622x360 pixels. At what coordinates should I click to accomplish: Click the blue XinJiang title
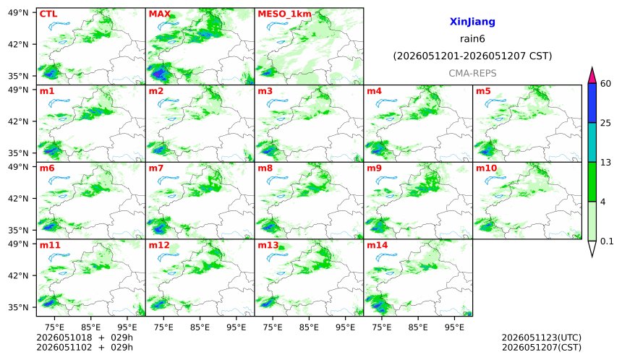[x=472, y=22]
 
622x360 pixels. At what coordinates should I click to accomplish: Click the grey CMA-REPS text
[x=472, y=73]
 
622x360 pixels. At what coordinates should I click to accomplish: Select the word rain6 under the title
[x=472, y=39]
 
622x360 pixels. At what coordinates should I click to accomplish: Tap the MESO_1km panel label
[x=284, y=14]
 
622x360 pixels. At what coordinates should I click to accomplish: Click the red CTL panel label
[x=48, y=14]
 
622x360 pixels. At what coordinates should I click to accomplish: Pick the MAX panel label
[x=159, y=14]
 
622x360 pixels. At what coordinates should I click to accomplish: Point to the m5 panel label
[x=483, y=91]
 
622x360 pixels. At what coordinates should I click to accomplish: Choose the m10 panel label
[x=486, y=168]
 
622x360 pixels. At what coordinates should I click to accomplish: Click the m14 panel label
[x=378, y=245]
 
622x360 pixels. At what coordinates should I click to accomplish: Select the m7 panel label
[x=156, y=168]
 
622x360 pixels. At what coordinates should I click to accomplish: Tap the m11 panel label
[x=50, y=245]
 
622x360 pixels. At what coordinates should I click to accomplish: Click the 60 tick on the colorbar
[x=606, y=84]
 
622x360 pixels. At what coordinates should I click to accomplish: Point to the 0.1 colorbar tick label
[x=608, y=241]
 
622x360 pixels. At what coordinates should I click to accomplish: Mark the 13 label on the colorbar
[x=606, y=163]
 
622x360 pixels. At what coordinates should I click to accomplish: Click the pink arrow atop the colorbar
[x=592, y=75]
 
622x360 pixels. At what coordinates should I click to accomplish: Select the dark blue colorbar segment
[x=592, y=103]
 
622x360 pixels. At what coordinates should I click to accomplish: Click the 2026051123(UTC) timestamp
[x=542, y=338]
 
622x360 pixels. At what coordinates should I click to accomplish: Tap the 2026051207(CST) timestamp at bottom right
[x=542, y=348]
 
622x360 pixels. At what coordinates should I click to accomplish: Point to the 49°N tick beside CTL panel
[x=18, y=13]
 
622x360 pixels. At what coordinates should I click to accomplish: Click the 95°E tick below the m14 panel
[x=454, y=327]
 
